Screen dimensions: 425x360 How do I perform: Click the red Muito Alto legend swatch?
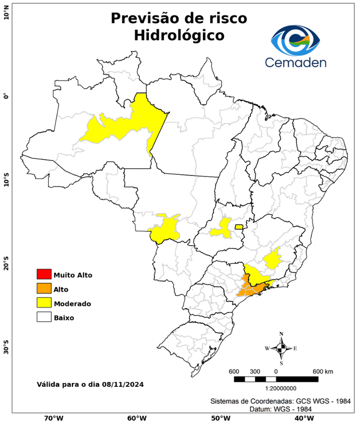tap(44, 274)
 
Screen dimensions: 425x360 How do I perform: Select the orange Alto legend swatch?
tap(44, 288)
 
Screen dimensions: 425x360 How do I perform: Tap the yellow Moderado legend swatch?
tap(44, 303)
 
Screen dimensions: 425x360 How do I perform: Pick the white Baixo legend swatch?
tap(44, 317)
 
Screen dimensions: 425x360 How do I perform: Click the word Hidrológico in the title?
tap(179, 35)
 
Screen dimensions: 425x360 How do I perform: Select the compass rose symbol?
tap(281, 348)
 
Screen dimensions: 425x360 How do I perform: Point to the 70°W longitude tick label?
tap(53, 418)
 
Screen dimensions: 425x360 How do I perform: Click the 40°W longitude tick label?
tap(302, 418)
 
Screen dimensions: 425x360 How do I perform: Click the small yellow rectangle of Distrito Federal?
tap(239, 226)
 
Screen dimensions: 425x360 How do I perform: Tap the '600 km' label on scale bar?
tap(323, 371)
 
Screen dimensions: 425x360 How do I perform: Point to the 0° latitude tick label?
tap(6, 96)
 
